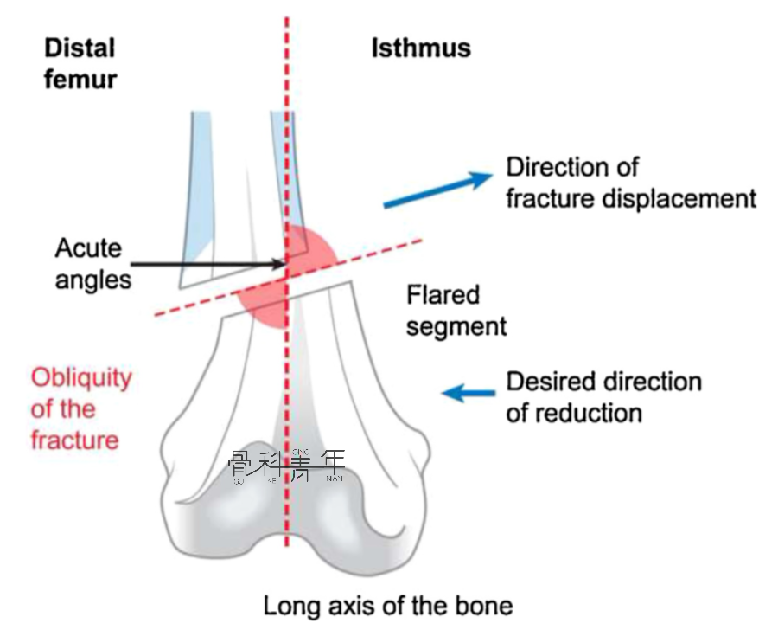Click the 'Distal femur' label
(80, 62)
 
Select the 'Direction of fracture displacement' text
(631, 182)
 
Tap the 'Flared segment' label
(456, 311)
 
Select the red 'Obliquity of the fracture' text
(81, 408)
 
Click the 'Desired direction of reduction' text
(604, 396)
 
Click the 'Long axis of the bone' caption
(388, 606)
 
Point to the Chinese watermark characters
(286, 466)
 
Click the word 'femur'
(80, 80)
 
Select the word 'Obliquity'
(81, 378)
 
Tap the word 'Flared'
(443, 295)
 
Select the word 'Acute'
(88, 248)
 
